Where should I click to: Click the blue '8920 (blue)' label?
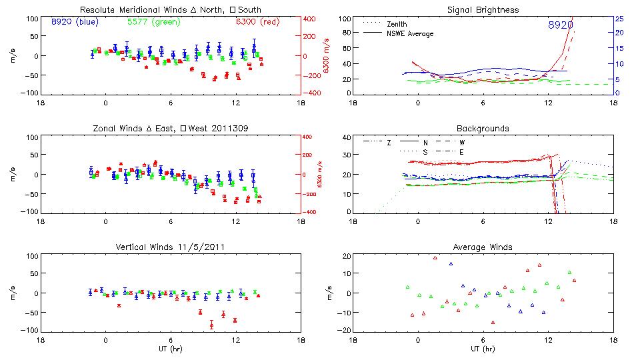(x=75, y=22)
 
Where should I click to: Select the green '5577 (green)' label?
(x=153, y=22)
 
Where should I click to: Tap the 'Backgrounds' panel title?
(x=483, y=128)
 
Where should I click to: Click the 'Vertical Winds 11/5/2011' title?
(x=170, y=247)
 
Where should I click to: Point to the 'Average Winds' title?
(x=483, y=247)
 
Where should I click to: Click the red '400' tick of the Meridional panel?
(x=311, y=19)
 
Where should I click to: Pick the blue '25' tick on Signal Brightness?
(x=619, y=19)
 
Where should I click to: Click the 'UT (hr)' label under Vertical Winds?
(x=170, y=349)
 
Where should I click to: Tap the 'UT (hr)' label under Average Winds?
(x=483, y=349)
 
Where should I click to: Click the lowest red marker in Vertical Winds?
(x=211, y=325)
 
